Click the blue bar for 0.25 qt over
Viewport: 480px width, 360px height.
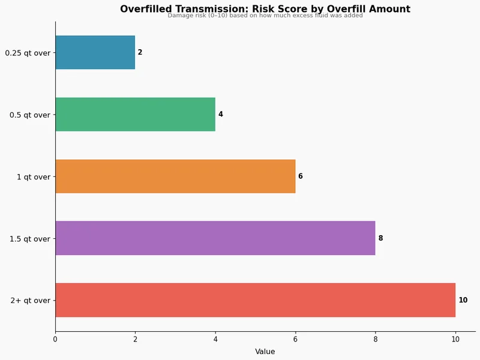pyautogui.click(x=95, y=52)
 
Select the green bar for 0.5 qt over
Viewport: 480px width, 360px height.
pyautogui.click(x=135, y=114)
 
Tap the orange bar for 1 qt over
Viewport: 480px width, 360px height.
pyautogui.click(x=175, y=176)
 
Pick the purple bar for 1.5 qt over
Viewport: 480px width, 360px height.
pyautogui.click(x=215, y=238)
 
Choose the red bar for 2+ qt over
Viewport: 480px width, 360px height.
pyautogui.click(x=255, y=300)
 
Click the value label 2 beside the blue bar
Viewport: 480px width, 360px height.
pyautogui.click(x=140, y=52)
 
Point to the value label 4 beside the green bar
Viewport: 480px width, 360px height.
pyautogui.click(x=220, y=114)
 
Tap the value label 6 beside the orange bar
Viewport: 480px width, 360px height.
pyautogui.click(x=301, y=176)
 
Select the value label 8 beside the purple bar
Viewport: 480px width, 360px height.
pyautogui.click(x=380, y=238)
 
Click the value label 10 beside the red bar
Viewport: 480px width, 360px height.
pyautogui.click(x=463, y=300)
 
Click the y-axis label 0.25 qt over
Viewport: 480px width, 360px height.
pyautogui.click(x=28, y=53)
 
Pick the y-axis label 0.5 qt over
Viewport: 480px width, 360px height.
pyautogui.click(x=30, y=115)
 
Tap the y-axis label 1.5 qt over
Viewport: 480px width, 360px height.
pyautogui.click(x=30, y=239)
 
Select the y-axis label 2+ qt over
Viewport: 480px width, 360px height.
pyautogui.click(x=31, y=301)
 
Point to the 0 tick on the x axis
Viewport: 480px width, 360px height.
pyautogui.click(x=55, y=340)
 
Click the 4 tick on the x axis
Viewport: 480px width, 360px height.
pyautogui.click(x=215, y=340)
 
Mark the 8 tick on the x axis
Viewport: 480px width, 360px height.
pyautogui.click(x=376, y=340)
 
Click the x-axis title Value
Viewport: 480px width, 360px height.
pyautogui.click(x=265, y=352)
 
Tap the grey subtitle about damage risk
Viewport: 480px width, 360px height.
pyautogui.click(x=265, y=16)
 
